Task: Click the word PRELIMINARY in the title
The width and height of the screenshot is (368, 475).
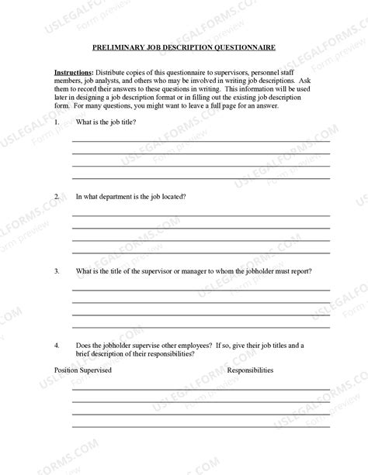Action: [116, 47]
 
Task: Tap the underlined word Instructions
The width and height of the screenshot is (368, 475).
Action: [74, 71]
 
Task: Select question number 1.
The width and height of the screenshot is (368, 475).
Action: [57, 122]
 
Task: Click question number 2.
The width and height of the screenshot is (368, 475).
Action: [57, 196]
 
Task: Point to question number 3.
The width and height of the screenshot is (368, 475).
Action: [57, 271]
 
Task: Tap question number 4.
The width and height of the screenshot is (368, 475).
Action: [57, 344]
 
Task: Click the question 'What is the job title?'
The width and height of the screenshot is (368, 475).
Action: [106, 122]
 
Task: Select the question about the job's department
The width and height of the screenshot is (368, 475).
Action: [130, 196]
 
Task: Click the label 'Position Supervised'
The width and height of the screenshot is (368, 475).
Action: [83, 370]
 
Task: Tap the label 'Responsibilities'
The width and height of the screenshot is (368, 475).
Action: [250, 370]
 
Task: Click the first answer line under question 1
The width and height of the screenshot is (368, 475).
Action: [201, 142]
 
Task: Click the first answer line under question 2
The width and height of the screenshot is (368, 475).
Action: [201, 215]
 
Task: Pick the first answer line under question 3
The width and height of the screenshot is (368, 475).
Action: [201, 290]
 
